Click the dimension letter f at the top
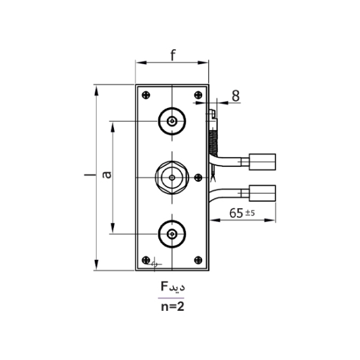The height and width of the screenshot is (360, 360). point(173,56)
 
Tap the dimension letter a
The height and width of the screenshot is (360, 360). point(107,175)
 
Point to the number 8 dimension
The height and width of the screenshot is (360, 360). point(236,96)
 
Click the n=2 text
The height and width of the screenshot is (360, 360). point(171,306)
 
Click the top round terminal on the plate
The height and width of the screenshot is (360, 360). point(172,121)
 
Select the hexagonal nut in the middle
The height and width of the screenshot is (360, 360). point(172,177)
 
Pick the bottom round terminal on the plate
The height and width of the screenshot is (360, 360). point(172,234)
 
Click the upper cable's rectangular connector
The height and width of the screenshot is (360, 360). point(262,160)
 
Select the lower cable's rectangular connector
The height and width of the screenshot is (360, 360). point(262,193)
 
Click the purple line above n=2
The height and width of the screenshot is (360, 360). point(171,298)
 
